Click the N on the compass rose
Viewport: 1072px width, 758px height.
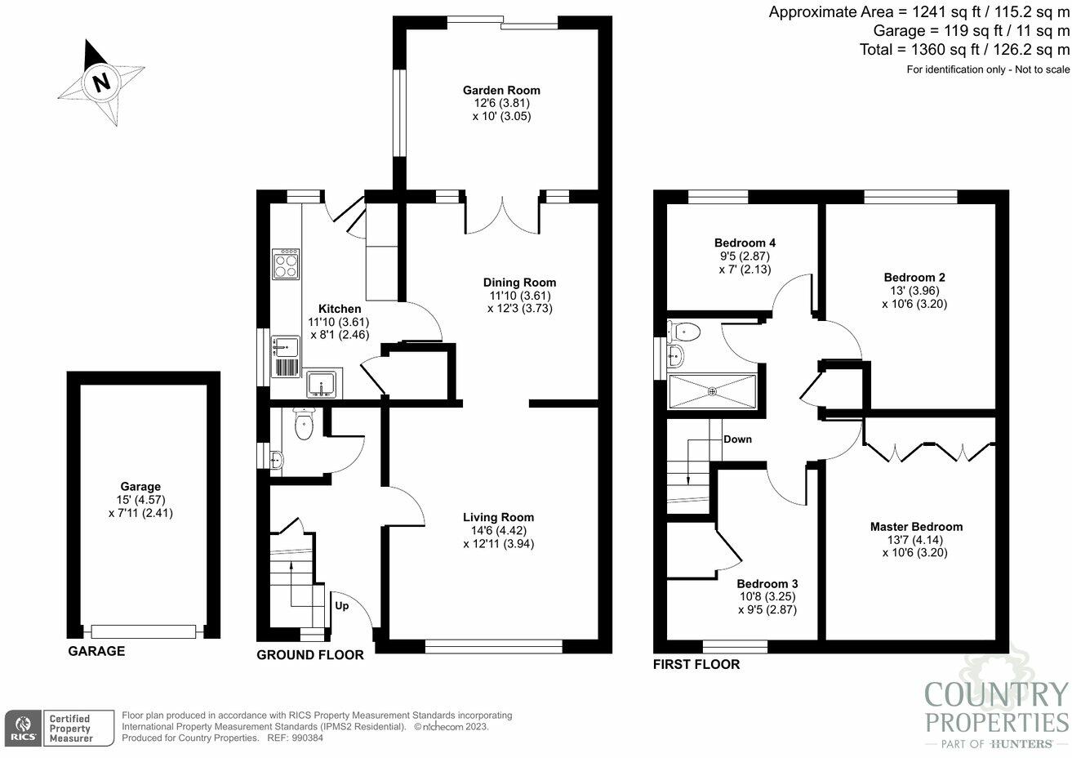(101, 82)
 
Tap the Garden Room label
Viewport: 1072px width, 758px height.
(501, 90)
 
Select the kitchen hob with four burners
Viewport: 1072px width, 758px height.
(287, 264)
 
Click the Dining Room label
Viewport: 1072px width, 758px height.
(519, 283)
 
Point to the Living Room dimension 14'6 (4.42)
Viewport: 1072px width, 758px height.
(498, 531)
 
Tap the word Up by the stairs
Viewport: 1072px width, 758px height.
(342, 606)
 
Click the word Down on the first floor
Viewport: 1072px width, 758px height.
(737, 439)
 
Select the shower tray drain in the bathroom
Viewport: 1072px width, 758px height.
(713, 392)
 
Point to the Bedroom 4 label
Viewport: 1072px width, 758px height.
(745, 243)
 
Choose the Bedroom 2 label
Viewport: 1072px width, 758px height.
(914, 277)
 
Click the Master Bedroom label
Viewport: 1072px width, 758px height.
(916, 527)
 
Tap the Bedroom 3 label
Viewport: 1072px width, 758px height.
(767, 584)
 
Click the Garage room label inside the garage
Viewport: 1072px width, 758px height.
(140, 487)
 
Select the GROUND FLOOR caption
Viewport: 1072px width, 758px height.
(310, 655)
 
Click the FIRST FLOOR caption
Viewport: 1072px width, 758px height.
(696, 664)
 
